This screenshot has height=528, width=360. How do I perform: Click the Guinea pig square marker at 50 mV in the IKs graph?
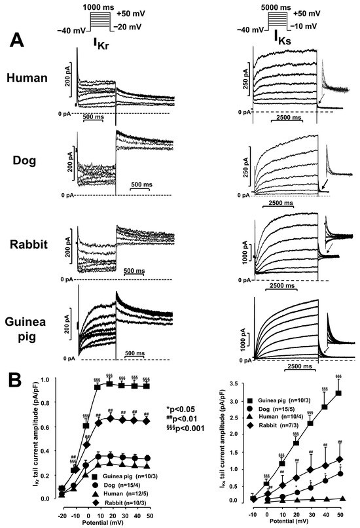point(338,393)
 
